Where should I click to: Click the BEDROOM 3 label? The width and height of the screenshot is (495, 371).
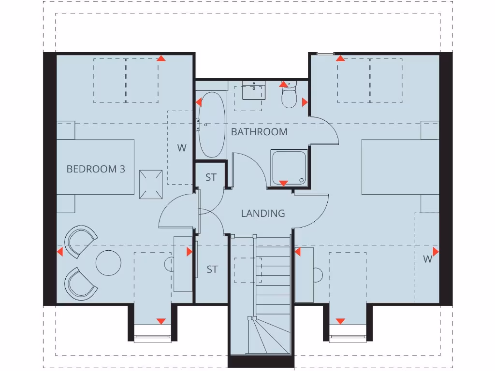click(x=95, y=169)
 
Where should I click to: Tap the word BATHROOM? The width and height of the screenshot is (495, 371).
click(x=259, y=132)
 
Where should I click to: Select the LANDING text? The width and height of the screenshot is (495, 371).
click(x=263, y=213)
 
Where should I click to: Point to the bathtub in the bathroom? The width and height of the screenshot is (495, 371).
click(x=211, y=125)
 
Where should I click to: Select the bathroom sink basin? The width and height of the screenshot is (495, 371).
click(x=253, y=89)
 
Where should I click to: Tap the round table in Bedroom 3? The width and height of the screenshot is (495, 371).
click(x=108, y=262)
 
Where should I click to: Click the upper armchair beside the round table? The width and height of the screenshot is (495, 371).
click(x=81, y=241)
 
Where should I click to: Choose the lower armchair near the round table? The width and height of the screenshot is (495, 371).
click(x=81, y=283)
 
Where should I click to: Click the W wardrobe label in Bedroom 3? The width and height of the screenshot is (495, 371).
click(x=181, y=148)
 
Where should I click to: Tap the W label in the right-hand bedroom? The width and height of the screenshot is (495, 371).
click(x=427, y=259)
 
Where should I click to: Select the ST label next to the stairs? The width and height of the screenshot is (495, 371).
click(x=212, y=270)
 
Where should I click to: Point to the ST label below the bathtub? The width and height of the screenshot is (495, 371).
click(x=211, y=177)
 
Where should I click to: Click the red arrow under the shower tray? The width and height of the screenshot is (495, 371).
click(x=284, y=183)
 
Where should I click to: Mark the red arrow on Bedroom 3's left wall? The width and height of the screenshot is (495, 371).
click(x=60, y=252)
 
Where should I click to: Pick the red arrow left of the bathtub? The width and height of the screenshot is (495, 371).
click(x=199, y=102)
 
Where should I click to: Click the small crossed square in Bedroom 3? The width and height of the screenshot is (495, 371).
click(x=151, y=185)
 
